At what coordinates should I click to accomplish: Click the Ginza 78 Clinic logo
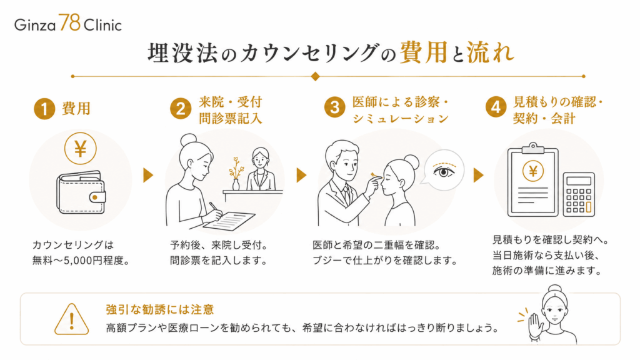coord(68,23)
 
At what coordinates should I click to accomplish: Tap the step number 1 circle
coord(44,109)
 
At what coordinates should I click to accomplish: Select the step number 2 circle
coord(181,109)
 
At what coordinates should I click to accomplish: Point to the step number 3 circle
coord(335,107)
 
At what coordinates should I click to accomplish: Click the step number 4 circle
coord(496,107)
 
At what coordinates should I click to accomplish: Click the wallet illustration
coord(81,192)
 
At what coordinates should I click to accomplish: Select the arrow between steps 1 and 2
coord(148,175)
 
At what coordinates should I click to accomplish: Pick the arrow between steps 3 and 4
coord(478,175)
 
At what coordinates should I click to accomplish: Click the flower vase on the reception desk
coord(236,174)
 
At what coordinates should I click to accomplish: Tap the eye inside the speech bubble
coord(444,171)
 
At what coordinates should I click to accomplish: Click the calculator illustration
coord(579,194)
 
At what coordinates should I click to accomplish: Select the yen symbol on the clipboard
coord(532,171)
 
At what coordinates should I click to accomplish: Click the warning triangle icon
coord(71,319)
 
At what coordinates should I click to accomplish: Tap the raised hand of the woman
coord(535,325)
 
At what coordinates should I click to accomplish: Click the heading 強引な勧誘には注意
coord(160,309)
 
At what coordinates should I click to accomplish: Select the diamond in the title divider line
coord(315,76)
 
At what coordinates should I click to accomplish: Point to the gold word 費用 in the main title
coord(423,52)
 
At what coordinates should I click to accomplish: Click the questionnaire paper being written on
coord(229,221)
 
